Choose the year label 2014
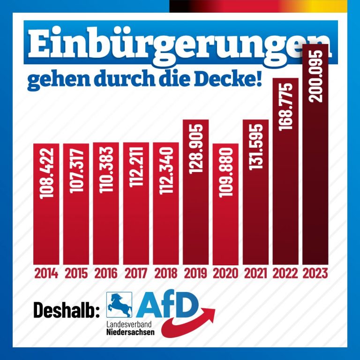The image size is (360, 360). pos(46,273)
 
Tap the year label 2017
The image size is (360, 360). pos(136,273)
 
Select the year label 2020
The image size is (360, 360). pos(225,273)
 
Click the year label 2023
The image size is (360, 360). pos(315,273)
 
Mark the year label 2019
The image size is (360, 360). pos(196,273)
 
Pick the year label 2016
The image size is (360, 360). pos(106,273)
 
